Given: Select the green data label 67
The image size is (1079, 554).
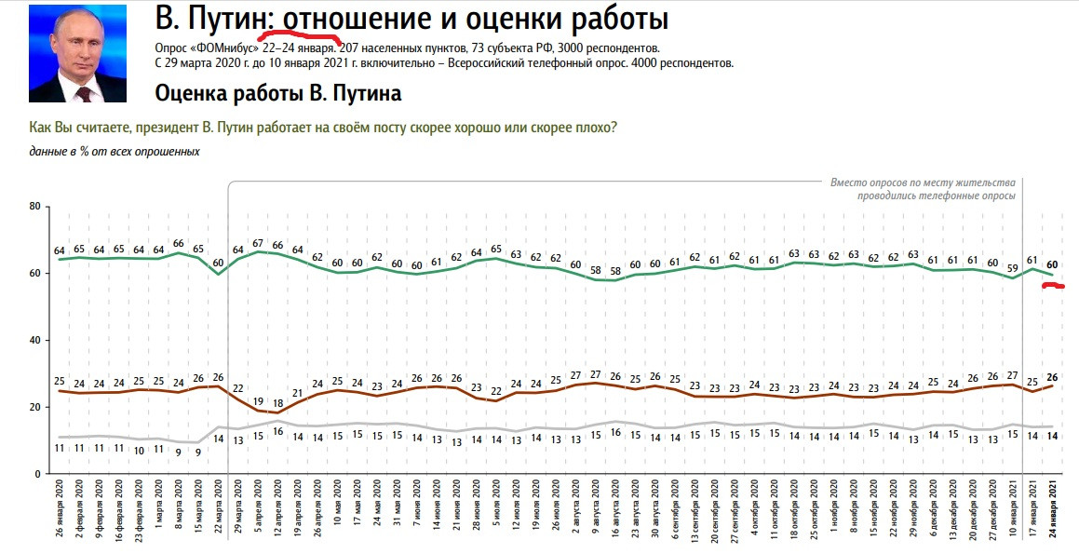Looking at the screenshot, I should pos(257,244).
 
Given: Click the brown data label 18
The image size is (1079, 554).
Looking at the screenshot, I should pos(277,403).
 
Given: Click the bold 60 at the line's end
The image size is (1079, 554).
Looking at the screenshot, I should pos(1052,263).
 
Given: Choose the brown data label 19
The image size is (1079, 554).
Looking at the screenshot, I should pos(257,402).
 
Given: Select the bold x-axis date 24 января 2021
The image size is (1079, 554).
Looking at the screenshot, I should pos(1053,517).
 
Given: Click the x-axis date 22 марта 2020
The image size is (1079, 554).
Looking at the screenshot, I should pos(219,517).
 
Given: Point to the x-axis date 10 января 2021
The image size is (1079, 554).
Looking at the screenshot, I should pos(1012,517).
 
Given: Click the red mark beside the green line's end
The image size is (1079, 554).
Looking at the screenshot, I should pos(1054,286).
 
